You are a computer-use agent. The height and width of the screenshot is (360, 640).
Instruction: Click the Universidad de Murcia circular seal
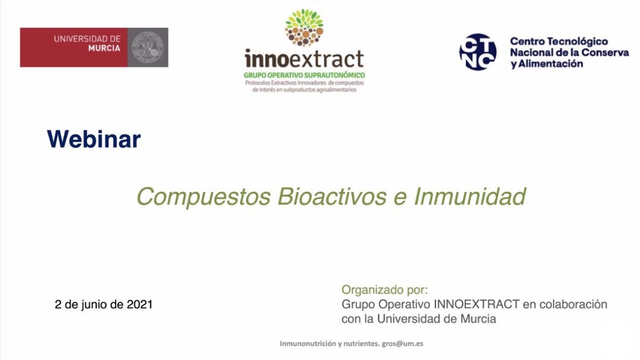point(147,47)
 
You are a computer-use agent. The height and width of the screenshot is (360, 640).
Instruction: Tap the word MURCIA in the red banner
point(104,48)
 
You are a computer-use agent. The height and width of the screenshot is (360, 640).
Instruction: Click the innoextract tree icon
point(304,27)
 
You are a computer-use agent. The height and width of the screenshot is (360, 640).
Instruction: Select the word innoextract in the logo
point(304,59)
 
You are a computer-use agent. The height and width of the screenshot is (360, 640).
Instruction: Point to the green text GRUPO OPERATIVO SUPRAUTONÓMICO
point(304,75)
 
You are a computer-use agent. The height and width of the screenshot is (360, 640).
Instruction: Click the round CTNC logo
point(477,52)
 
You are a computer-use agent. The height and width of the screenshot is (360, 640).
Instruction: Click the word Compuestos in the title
point(203,196)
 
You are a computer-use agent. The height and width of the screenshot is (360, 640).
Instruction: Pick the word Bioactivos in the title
point(331,196)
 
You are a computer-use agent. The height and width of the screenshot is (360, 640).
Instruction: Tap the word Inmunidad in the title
point(469,196)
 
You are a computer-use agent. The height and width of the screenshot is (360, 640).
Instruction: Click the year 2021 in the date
point(139,304)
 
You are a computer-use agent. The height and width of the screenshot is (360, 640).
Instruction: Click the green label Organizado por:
point(384,290)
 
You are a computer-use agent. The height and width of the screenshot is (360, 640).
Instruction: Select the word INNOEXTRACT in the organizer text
point(477,304)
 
